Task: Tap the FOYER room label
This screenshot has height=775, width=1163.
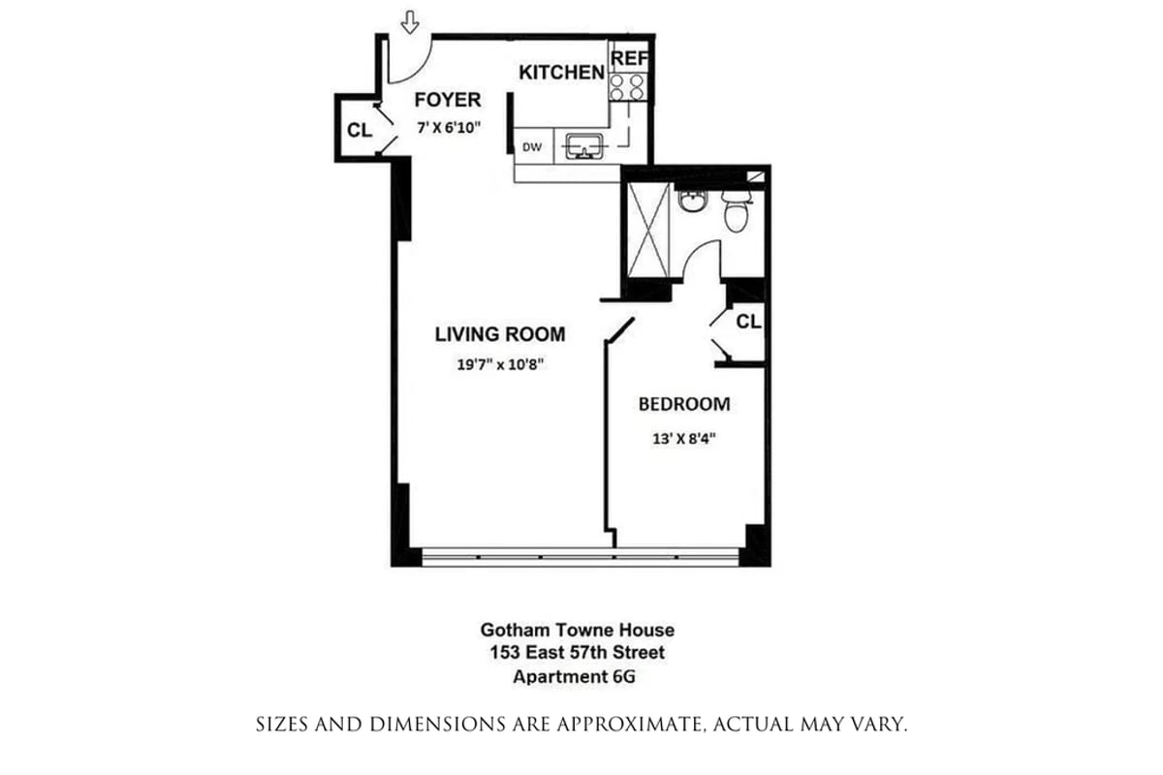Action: pyautogui.click(x=447, y=100)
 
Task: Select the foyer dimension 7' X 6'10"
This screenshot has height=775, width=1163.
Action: pyautogui.click(x=448, y=127)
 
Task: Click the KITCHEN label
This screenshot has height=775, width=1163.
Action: pyautogui.click(x=562, y=73)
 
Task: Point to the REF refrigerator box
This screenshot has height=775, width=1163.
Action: pyautogui.click(x=628, y=59)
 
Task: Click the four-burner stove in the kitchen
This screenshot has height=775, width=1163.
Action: pyautogui.click(x=628, y=88)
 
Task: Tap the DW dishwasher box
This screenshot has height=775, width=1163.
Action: pyautogui.click(x=532, y=147)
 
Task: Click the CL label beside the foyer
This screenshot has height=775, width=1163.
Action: pyautogui.click(x=359, y=131)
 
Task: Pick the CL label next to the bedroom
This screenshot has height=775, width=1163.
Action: pyautogui.click(x=748, y=322)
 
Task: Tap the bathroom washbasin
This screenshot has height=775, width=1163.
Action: pyautogui.click(x=691, y=201)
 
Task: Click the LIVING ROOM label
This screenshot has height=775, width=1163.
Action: pyautogui.click(x=499, y=335)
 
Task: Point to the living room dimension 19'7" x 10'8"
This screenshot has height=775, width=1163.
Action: pyautogui.click(x=499, y=365)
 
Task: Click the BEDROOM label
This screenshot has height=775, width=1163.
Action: pyautogui.click(x=683, y=404)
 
